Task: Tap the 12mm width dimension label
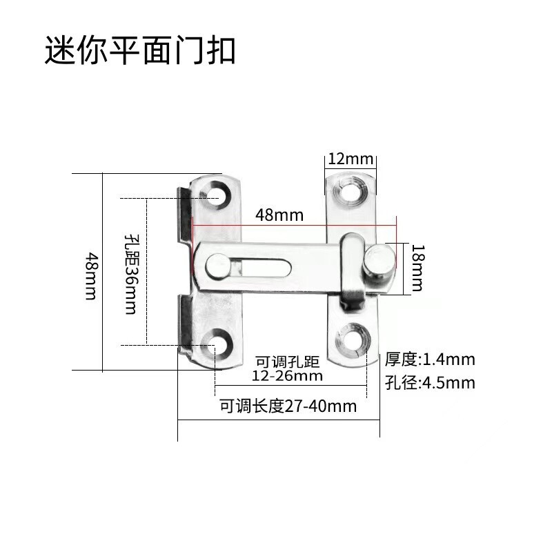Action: tap(350, 159)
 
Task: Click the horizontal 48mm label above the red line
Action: tap(279, 215)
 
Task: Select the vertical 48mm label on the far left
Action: tap(90, 275)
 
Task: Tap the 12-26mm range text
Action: tap(287, 376)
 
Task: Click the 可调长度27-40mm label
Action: tap(288, 406)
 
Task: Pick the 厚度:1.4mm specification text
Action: tap(430, 359)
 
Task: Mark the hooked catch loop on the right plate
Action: tap(352, 273)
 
